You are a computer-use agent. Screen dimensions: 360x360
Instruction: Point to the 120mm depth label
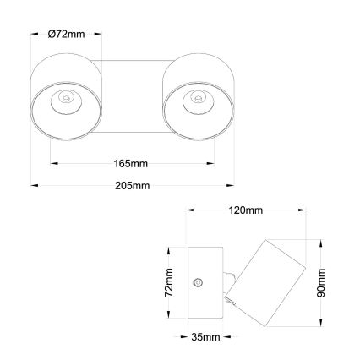tap(246, 210)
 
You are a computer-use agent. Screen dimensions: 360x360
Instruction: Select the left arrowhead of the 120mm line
tap(189, 210)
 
